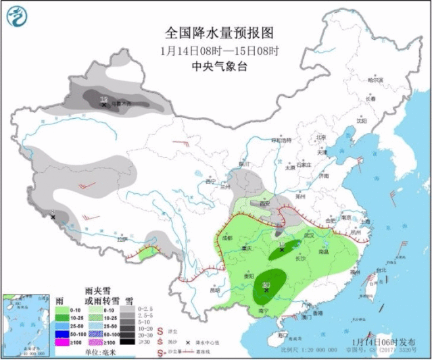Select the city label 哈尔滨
click(375, 80)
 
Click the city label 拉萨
click(122, 239)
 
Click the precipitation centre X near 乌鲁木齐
click(103, 105)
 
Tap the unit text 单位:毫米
click(101, 352)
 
